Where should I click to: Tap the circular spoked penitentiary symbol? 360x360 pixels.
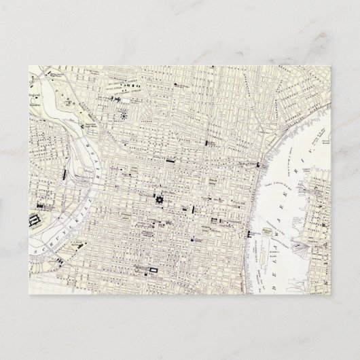click(x=124, y=115)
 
